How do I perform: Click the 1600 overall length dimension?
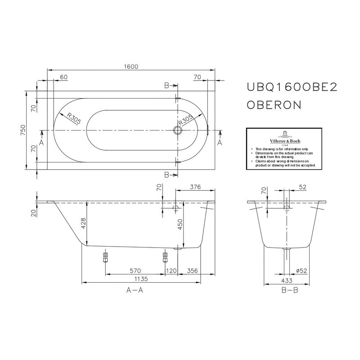131,66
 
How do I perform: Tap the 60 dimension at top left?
63,77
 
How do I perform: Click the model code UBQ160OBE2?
292,88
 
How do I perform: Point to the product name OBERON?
274,105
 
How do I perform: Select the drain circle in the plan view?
178,131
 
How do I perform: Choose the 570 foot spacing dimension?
135,270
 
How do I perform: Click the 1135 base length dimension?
141,279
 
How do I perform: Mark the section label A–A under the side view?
135,291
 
